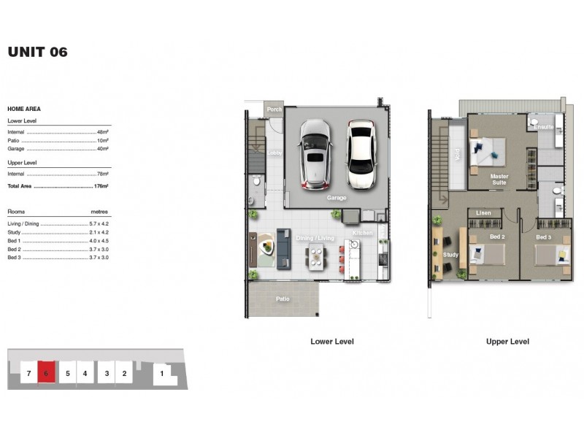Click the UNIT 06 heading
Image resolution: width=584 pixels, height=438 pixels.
point(37,52)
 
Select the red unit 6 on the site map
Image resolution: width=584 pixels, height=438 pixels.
point(47,373)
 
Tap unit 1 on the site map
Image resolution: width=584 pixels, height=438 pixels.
point(162,374)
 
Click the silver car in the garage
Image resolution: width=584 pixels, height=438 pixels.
point(315,154)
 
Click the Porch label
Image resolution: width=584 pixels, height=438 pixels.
point(274,109)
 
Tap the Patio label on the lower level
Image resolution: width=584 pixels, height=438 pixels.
point(282,299)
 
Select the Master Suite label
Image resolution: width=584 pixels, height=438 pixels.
point(499,180)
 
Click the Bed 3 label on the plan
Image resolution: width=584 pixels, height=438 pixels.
point(545,237)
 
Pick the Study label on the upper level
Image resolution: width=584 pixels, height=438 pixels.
point(450,255)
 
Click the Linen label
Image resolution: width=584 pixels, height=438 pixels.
point(483,213)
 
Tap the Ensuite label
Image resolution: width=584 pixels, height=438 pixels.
point(543,127)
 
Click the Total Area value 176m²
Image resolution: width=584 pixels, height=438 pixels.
point(101,187)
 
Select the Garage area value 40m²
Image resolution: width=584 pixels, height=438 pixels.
point(102,149)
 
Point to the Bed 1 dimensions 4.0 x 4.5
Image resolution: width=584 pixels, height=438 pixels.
point(99,241)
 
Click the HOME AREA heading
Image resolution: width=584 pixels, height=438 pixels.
point(24,109)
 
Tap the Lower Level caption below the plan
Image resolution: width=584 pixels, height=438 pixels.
point(332,342)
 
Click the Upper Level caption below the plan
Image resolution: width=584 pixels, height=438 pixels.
point(507,342)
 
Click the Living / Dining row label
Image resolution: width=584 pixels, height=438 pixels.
point(23,224)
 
